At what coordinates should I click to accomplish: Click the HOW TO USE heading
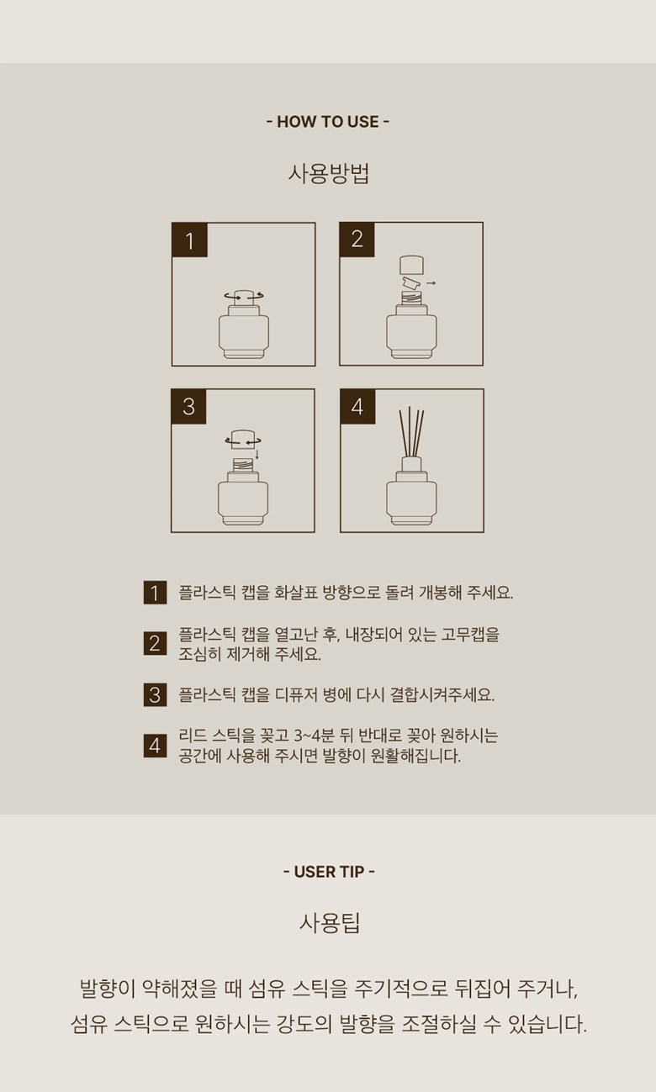pos(328,122)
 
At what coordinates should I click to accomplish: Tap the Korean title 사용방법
pos(329,174)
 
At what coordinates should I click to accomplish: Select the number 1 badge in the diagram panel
pos(190,240)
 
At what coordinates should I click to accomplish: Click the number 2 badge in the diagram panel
pos(357,240)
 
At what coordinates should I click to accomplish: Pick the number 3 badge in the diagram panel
pos(188,407)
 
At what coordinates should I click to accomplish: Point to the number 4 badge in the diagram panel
pos(357,407)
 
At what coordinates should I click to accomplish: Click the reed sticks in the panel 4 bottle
pos(410,432)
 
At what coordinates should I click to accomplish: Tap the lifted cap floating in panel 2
pos(411,265)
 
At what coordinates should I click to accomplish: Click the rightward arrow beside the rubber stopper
pos(431,282)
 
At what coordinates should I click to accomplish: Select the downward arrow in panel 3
pos(257,455)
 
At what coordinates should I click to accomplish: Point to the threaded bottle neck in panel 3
pos(242,464)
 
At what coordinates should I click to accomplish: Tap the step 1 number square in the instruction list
pos(155,593)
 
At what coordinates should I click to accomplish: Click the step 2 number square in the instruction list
pos(155,643)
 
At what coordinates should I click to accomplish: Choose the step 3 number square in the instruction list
pos(155,694)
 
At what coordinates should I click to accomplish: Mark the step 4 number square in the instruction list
pos(155,746)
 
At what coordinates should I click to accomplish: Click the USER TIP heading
pos(329,872)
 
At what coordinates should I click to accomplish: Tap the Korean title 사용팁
pos(330,923)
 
